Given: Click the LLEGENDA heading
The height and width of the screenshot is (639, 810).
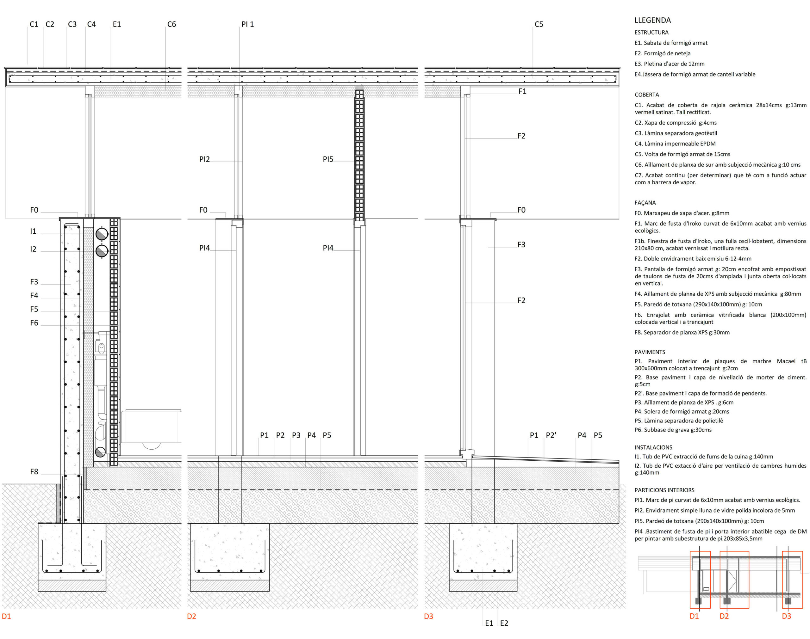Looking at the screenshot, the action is (x=653, y=20).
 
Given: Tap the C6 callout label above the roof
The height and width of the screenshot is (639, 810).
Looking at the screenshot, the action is (x=171, y=24).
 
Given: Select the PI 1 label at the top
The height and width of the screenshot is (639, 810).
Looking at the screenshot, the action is (x=247, y=24).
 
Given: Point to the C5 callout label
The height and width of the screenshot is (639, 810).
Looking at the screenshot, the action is (x=539, y=24).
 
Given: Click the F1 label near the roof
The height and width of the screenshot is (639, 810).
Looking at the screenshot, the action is (x=522, y=91).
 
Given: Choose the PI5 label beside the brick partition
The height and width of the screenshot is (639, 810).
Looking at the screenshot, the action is (x=328, y=159).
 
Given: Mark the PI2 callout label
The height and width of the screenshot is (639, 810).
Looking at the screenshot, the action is (x=204, y=159).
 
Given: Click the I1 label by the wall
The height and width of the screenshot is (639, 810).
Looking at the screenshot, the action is (x=33, y=231).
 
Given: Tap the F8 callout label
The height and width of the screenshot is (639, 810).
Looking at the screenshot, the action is (x=34, y=472).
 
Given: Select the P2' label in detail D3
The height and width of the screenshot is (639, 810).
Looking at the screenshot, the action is (x=551, y=435).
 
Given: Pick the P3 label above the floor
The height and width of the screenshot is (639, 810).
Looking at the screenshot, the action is (x=296, y=435).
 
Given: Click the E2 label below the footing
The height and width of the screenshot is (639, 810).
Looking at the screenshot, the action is (x=504, y=623).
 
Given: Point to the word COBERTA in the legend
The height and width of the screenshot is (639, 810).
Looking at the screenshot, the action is (x=647, y=95).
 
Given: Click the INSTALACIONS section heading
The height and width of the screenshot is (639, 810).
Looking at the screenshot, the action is (x=653, y=447).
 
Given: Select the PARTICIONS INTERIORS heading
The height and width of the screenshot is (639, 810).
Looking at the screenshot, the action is (x=664, y=490).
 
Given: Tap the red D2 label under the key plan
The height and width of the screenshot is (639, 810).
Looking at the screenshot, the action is (x=724, y=616).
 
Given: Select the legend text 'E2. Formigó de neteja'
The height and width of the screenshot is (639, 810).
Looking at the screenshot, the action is (x=663, y=53).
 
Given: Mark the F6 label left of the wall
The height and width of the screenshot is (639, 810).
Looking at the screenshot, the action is (x=34, y=323).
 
